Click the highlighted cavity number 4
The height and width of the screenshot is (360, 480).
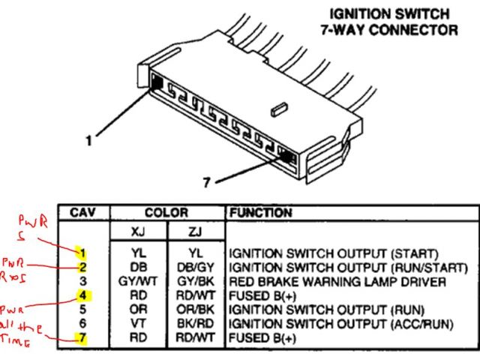84,295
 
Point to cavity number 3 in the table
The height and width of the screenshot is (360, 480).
84,281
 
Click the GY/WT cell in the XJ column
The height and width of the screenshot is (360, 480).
137,281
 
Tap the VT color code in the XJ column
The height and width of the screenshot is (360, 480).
137,322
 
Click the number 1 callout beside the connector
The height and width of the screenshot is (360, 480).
89,139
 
